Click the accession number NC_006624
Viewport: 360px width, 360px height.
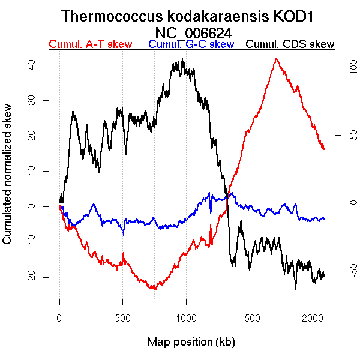click(x=193, y=32)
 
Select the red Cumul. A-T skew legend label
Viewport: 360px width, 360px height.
click(x=90, y=45)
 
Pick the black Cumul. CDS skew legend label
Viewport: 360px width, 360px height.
click(x=290, y=45)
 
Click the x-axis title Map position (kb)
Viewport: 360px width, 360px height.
click(x=191, y=342)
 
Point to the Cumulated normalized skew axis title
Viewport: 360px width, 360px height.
click(x=8, y=181)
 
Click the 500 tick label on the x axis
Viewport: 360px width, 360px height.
click(x=123, y=318)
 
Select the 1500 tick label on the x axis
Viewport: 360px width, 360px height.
click(x=250, y=318)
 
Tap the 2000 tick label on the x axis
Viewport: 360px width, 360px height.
click(x=313, y=318)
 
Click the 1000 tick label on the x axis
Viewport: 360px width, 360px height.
click(x=186, y=318)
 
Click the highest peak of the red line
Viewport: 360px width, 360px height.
click(x=275, y=59)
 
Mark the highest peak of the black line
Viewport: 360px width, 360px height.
click(x=181, y=59)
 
